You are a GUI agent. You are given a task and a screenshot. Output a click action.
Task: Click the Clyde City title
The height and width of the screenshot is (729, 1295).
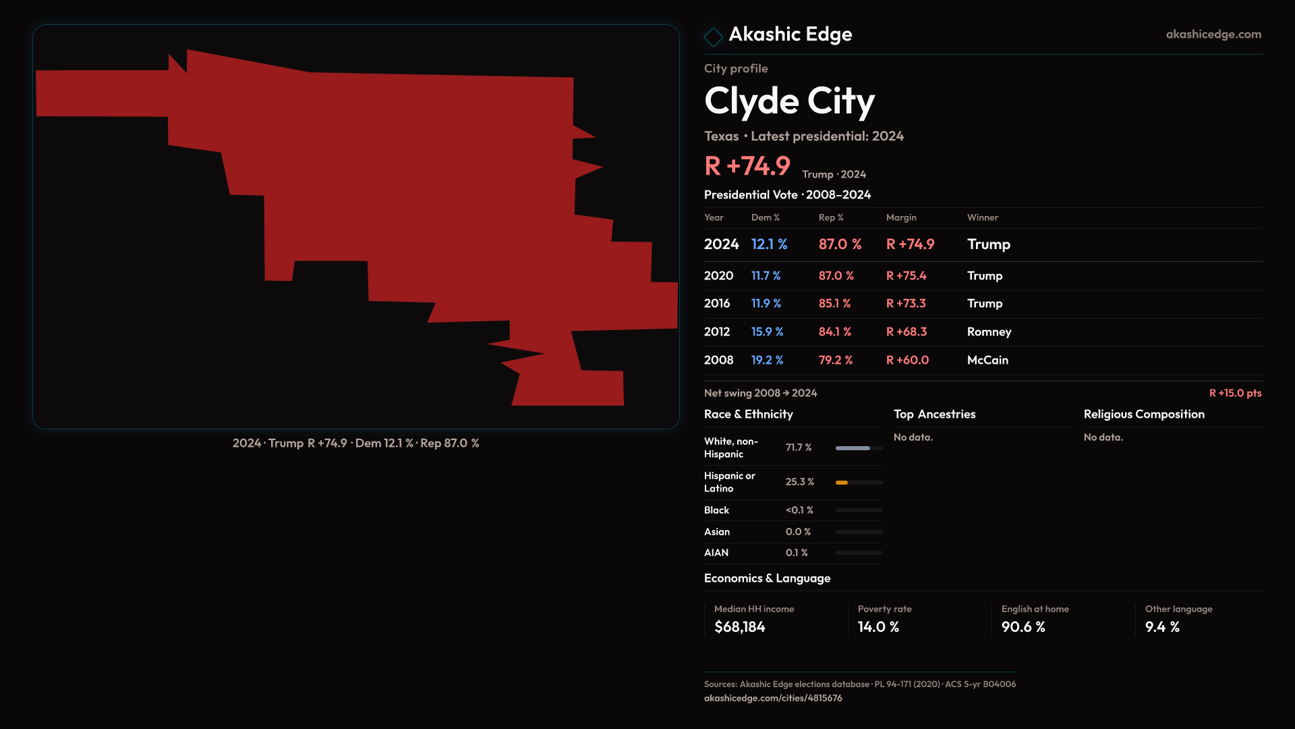point(789,101)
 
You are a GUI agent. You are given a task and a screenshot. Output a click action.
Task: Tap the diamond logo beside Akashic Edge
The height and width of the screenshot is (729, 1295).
point(713,36)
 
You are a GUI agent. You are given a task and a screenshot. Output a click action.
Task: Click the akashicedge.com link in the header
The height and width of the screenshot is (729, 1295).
point(1213,34)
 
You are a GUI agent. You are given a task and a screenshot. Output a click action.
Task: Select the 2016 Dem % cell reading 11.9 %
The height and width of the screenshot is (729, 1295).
point(766,304)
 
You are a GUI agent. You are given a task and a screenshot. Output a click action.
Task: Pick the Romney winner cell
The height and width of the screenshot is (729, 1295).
point(989,332)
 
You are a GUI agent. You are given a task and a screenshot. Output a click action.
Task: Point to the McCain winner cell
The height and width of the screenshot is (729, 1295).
point(987,360)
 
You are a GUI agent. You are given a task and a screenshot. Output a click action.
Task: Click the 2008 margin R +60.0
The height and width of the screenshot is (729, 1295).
point(907,360)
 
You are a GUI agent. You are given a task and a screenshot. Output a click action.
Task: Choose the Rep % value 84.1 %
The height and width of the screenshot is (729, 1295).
point(835,332)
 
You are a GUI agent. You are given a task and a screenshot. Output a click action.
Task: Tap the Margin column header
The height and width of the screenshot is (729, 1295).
point(901,217)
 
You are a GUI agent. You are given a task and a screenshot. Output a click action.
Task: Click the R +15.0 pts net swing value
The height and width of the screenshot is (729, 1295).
point(1235,393)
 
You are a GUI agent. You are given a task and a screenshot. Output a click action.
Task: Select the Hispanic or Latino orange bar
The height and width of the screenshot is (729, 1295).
point(842,483)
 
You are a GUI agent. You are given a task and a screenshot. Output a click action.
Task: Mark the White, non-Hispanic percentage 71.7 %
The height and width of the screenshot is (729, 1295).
point(799,448)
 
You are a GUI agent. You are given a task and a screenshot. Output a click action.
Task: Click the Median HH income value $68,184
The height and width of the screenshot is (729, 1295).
point(740,627)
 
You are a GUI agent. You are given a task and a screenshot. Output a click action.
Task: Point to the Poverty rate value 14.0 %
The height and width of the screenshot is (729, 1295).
point(878,627)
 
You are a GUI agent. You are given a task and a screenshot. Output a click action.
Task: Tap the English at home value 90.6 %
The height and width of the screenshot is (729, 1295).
point(1023,627)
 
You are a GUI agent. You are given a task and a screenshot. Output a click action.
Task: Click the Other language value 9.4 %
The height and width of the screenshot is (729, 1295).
point(1162,627)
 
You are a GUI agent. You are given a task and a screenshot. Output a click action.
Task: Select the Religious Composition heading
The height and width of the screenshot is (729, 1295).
point(1144,414)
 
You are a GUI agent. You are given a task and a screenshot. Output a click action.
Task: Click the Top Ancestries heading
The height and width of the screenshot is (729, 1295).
point(934,414)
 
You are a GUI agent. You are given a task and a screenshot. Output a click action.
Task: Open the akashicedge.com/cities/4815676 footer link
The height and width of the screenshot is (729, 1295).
point(773,698)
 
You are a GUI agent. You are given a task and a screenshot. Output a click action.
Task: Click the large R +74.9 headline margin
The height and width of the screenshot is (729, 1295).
point(747,166)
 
